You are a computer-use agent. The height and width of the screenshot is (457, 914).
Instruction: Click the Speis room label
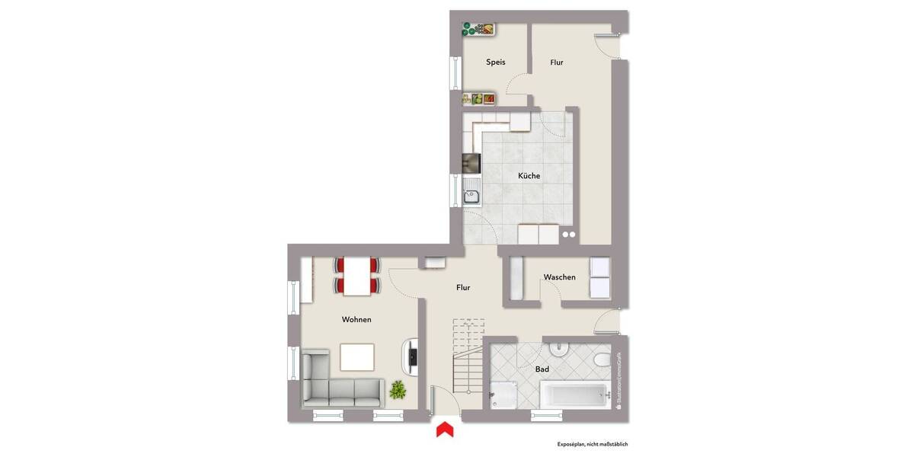(x=496, y=62)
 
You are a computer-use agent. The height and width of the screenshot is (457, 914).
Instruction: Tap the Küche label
(x=529, y=176)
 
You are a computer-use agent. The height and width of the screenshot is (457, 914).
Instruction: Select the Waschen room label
(x=559, y=277)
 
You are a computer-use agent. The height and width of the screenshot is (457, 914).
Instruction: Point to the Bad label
(x=542, y=369)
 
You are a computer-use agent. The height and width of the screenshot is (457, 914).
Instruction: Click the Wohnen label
(x=356, y=320)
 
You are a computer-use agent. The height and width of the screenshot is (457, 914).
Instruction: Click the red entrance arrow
(x=444, y=430)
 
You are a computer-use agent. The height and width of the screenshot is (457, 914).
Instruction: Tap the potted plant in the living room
(x=398, y=391)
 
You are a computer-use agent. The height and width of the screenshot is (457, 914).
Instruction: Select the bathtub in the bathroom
(x=576, y=395)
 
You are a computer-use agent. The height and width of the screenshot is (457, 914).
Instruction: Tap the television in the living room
(x=411, y=356)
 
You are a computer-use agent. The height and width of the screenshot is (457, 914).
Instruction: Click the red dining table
(x=356, y=276)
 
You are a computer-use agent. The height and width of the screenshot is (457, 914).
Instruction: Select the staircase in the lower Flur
(x=467, y=358)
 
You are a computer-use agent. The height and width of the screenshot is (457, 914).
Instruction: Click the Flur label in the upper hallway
(x=557, y=62)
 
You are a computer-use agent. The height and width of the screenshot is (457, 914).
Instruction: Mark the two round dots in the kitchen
(x=568, y=235)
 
